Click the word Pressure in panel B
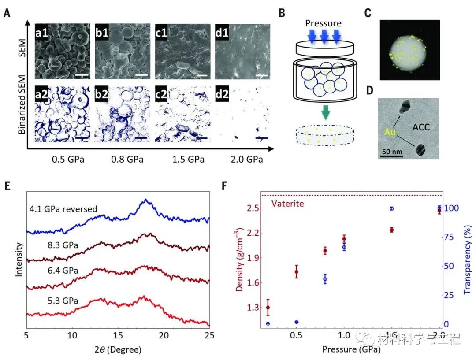point(324,23)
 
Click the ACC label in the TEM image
point(422,128)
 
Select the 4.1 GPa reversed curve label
point(63,209)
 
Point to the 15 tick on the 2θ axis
point(118,335)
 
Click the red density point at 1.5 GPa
point(391,230)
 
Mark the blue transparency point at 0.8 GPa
point(325,279)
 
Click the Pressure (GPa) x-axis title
point(351,350)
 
